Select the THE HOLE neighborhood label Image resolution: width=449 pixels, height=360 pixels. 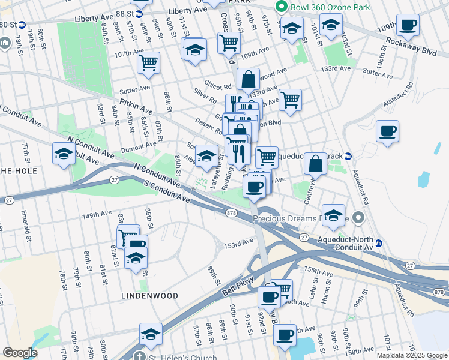tap(18, 171)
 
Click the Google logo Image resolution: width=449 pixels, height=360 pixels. tap(20, 352)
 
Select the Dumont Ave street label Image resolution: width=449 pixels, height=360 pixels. tap(138, 146)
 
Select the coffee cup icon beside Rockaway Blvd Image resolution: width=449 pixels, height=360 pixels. tap(408, 26)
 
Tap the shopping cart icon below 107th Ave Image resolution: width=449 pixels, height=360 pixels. tap(148, 62)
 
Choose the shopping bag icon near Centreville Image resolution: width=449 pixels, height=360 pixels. tap(315, 163)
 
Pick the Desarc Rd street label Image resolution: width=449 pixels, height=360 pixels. tap(208, 125)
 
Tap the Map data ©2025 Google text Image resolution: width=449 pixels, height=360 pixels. tap(411, 355)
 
